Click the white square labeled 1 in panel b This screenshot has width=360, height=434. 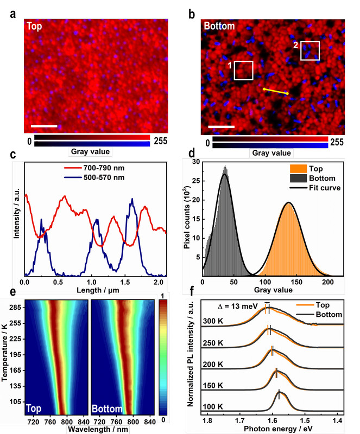244,71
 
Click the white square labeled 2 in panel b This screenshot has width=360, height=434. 310,50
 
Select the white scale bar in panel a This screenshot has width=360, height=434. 45,126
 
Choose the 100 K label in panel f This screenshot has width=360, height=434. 212,406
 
